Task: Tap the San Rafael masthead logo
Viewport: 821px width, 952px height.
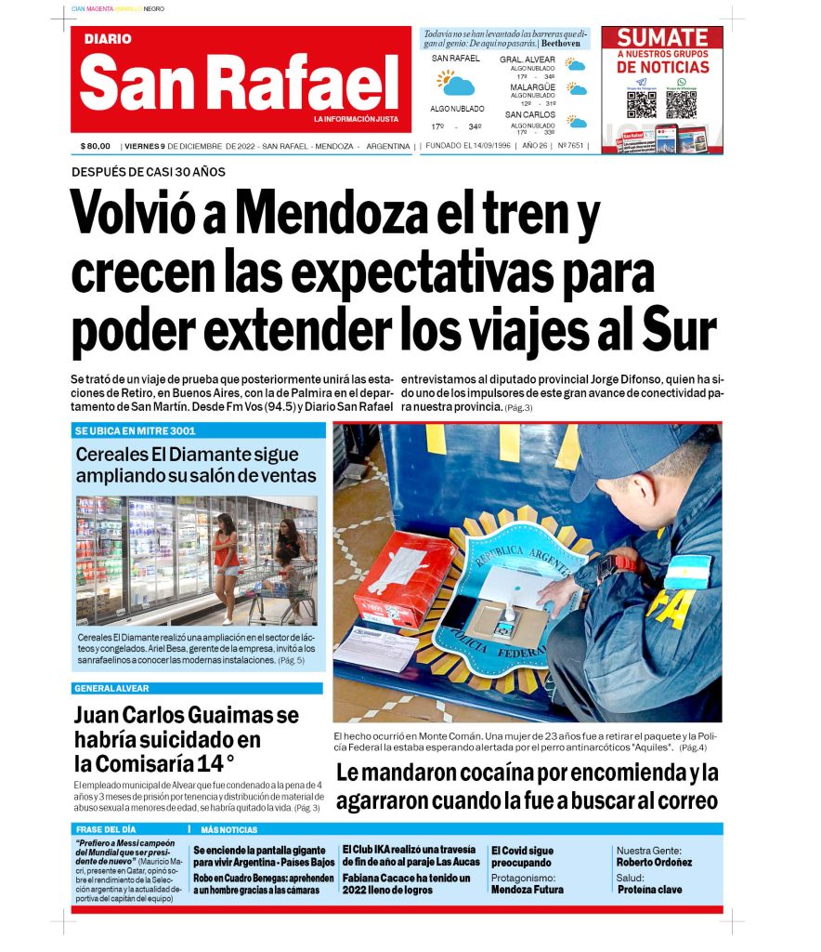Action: [x=240, y=82]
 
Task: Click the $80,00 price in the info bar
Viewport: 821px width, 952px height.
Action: [x=96, y=146]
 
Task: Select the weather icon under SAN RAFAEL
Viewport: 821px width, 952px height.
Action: [x=456, y=84]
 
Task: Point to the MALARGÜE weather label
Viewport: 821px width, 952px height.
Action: [x=532, y=86]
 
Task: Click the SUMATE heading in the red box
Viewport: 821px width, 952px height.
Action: [x=662, y=38]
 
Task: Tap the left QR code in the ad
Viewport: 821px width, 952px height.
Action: [x=641, y=103]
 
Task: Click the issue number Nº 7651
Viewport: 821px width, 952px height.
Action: [x=570, y=146]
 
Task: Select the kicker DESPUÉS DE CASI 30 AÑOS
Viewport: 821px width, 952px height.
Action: [x=149, y=172]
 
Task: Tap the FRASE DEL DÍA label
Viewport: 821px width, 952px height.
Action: [x=105, y=828]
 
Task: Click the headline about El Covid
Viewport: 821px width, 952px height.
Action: [x=522, y=856]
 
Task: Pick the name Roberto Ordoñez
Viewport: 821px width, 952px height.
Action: [x=654, y=862]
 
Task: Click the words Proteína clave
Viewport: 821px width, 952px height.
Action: [x=649, y=890]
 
